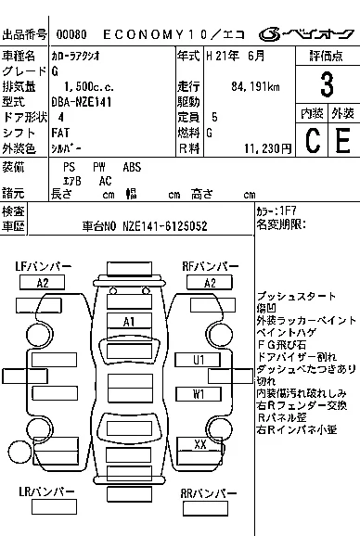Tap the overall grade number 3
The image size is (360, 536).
pos(326,85)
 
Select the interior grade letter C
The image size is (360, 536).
pos(312,142)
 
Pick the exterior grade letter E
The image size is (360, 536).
pos(341,142)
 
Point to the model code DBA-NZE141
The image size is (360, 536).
pos(83,101)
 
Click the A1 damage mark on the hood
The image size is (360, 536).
pos(130,321)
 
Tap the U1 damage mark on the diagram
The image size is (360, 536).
pos(199,359)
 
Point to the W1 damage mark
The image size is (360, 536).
pos(199,393)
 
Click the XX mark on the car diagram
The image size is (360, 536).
pos(199,444)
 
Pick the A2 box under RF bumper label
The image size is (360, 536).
pos(210,283)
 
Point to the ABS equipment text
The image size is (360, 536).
pos(133,167)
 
